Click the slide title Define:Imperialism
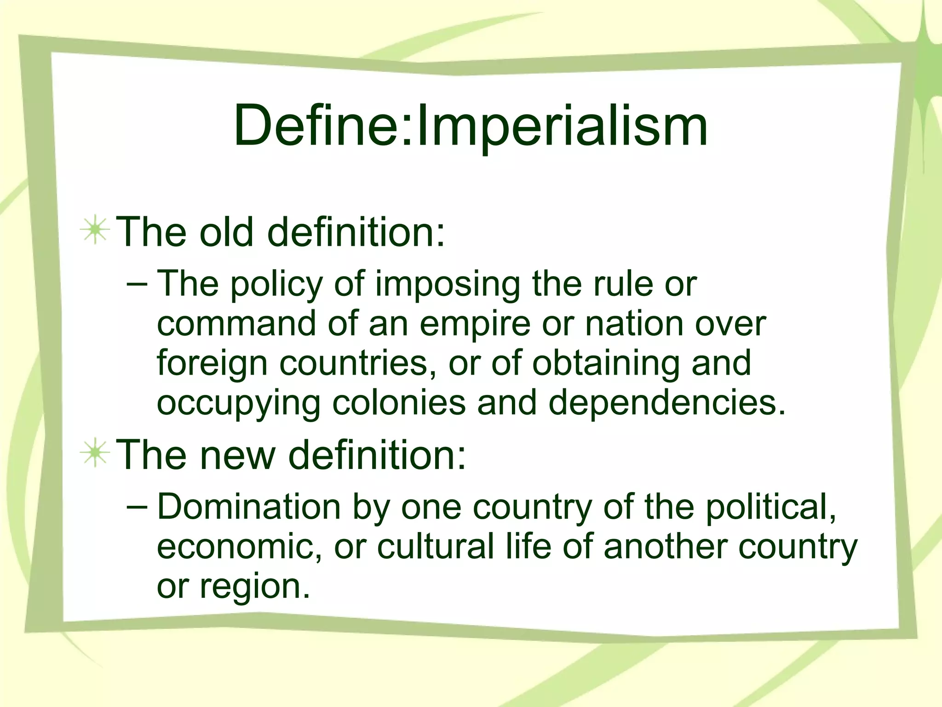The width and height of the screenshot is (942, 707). pyautogui.click(x=471, y=126)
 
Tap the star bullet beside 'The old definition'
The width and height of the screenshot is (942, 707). pyautogui.click(x=95, y=229)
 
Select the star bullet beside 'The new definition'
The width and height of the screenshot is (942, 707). pyautogui.click(x=95, y=453)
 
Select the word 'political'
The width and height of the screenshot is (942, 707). pyautogui.click(x=771, y=507)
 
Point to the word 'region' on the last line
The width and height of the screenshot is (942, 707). pyautogui.click(x=254, y=587)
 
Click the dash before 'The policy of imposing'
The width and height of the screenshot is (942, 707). pyautogui.click(x=137, y=284)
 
